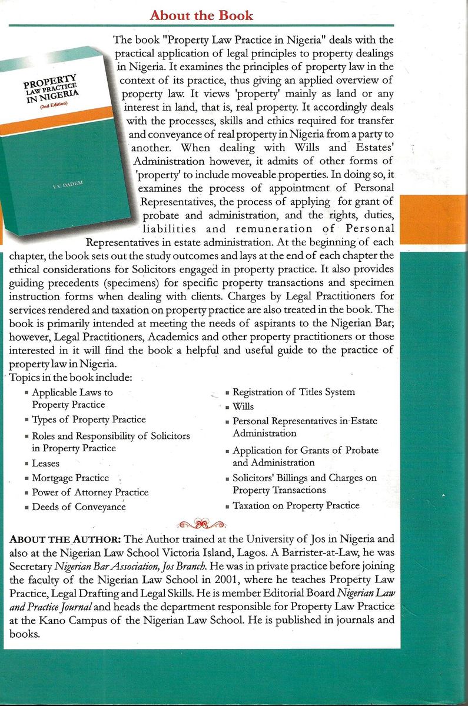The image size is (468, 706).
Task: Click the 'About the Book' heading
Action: tap(201, 15)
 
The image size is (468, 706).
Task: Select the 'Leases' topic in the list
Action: tap(45, 464)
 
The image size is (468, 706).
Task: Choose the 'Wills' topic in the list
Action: tap(243, 407)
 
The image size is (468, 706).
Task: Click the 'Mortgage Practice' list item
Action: tap(70, 478)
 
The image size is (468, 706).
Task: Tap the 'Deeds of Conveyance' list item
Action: tap(78, 507)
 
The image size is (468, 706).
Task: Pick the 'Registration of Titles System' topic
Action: tap(293, 392)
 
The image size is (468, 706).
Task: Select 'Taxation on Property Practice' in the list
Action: tap(296, 505)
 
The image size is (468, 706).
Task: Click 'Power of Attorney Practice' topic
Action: tap(89, 492)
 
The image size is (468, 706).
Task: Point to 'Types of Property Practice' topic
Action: tap(88, 419)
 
